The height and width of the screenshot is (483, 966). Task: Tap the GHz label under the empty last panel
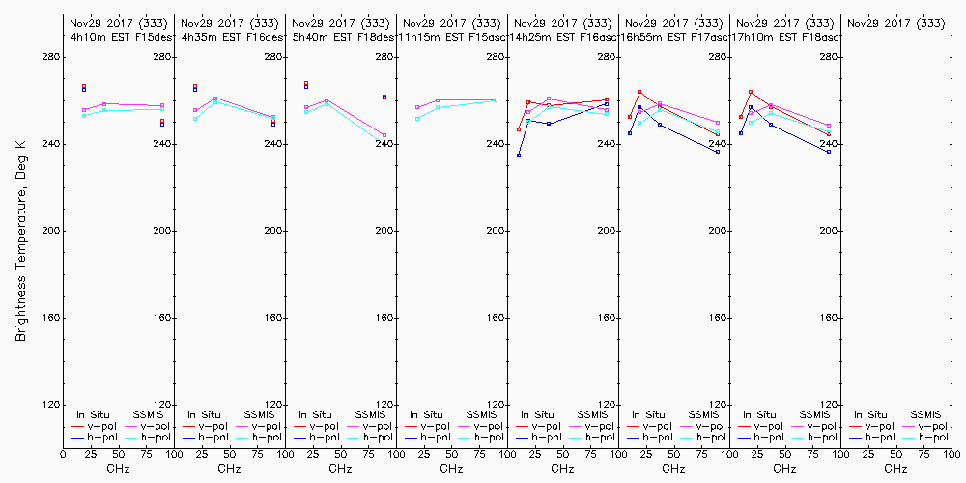(x=895, y=469)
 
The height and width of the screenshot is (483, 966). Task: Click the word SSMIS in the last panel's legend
(x=924, y=414)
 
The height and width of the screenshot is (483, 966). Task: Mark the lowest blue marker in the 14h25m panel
(x=519, y=156)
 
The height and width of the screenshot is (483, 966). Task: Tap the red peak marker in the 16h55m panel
(x=639, y=92)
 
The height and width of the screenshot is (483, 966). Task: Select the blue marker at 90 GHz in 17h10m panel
(x=829, y=152)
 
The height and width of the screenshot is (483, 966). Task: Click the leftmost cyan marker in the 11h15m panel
(x=417, y=119)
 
